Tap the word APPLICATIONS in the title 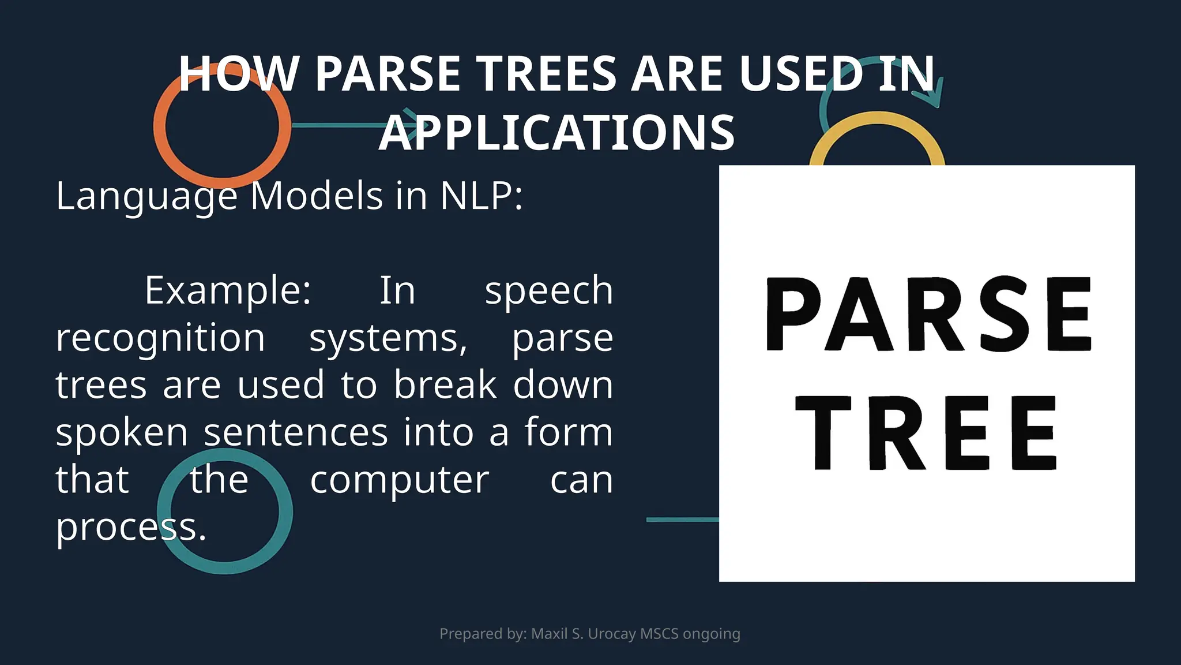(x=556, y=133)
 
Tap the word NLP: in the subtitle (x=482, y=196)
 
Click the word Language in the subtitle (x=146, y=196)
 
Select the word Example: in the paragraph (x=228, y=290)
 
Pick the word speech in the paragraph (x=548, y=290)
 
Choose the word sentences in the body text (x=296, y=432)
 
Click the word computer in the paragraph (x=399, y=479)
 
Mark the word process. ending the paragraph (x=131, y=526)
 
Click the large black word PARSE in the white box (x=928, y=314)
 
